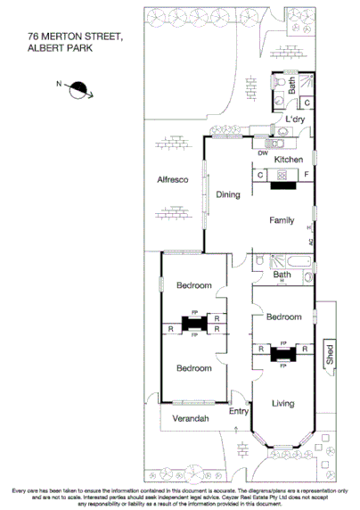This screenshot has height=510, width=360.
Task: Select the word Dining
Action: pos(228,194)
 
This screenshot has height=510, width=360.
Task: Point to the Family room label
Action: pos(283,219)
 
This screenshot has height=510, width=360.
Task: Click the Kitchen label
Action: pos(288,159)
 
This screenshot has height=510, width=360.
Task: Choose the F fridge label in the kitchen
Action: pos(307,174)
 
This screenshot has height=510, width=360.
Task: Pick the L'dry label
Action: pos(295,119)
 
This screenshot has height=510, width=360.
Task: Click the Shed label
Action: pos(329,353)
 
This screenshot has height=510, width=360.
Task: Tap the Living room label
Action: pos(282,404)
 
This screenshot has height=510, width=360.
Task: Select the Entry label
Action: pos(239,411)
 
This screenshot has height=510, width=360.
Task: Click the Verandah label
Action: pos(191,419)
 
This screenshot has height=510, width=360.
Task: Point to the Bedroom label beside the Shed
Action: pos(282,317)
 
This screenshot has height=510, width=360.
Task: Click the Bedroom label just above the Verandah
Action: pos(193,368)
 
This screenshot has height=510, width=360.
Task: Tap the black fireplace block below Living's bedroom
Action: pos(282,352)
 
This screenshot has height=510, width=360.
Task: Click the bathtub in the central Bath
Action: pos(283,262)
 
